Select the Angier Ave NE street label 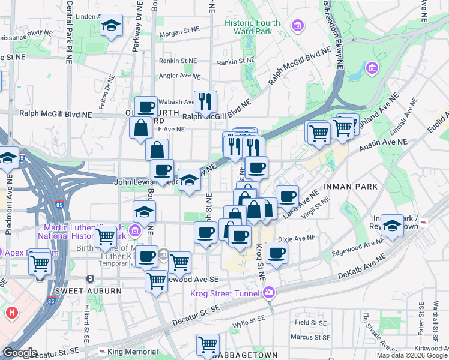(x=179, y=76)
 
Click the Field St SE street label (x=310, y=322)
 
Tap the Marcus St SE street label (x=310, y=337)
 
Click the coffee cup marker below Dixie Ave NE (x=276, y=253)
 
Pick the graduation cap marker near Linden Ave (x=111, y=26)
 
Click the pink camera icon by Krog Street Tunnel (x=269, y=293)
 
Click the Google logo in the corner (x=19, y=353)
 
